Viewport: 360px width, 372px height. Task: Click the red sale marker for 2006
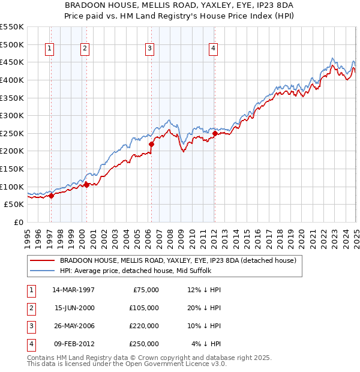point(151,144)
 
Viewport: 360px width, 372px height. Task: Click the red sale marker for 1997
point(51,195)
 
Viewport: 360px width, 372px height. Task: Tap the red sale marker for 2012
point(214,133)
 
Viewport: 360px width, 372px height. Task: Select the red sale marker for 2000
point(86,185)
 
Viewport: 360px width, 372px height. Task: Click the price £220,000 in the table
point(144,325)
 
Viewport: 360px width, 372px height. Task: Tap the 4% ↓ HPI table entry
point(206,344)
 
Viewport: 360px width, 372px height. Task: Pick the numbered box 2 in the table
point(31,307)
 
